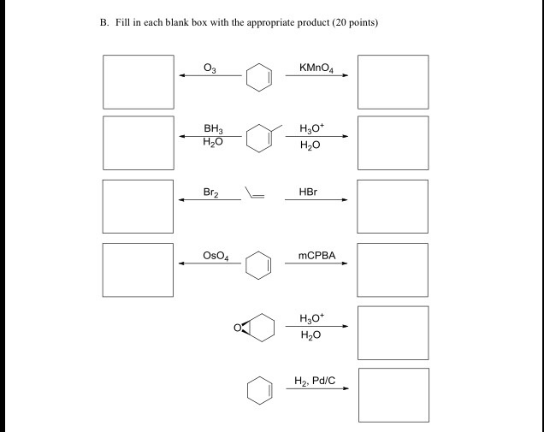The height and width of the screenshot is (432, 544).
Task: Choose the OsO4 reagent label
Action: click(215, 255)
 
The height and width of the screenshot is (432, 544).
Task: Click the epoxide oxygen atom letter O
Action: click(239, 326)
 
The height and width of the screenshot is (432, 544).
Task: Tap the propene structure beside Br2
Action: click(254, 192)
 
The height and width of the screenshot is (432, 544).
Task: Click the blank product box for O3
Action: click(139, 81)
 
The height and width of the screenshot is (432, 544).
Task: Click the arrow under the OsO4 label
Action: click(210, 263)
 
